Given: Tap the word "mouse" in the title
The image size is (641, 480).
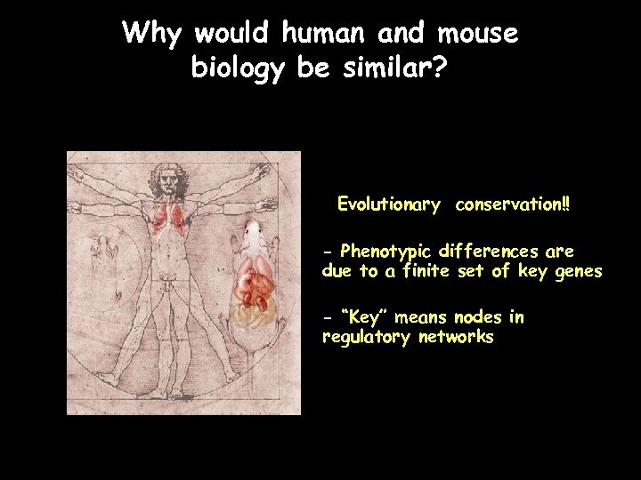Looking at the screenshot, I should click(x=477, y=34).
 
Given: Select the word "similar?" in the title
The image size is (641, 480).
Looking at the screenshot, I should click(x=394, y=68).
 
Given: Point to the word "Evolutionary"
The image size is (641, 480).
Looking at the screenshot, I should click(x=388, y=204).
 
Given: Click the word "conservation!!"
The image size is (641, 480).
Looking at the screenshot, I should click(x=513, y=204).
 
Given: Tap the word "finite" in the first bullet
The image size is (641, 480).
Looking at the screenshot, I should click(x=426, y=271).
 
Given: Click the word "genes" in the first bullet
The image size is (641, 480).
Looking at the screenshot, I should click(x=578, y=271).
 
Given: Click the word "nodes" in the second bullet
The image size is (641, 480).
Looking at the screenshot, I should click(x=477, y=317).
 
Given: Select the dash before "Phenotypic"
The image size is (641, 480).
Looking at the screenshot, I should click(x=328, y=251).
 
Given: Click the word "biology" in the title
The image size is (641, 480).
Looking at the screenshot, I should click(x=237, y=68).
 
